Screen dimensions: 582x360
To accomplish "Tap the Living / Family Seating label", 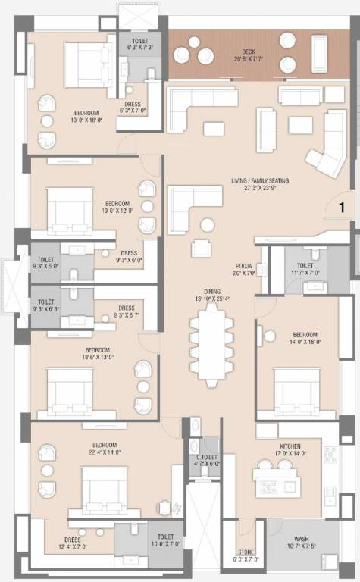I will [x=261, y=181].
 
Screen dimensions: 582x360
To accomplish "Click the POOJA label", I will [x=243, y=266].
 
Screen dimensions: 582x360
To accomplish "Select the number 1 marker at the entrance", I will [x=341, y=206].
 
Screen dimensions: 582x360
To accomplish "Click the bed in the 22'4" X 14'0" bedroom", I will [x=104, y=490].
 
